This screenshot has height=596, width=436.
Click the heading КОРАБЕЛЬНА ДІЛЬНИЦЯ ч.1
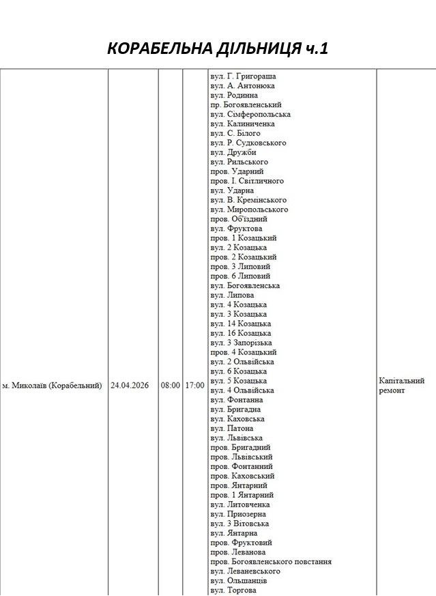point(218,48)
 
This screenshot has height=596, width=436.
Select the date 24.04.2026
point(132,386)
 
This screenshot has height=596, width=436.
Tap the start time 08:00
point(171,386)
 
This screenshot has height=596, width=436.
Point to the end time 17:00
point(194,386)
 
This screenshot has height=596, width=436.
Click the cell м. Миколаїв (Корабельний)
point(53,386)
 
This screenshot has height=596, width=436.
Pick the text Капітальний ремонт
point(401,385)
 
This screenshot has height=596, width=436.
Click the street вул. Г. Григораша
point(243,77)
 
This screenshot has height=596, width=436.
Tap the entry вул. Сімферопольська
point(250,115)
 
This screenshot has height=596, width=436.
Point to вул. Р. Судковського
point(248,143)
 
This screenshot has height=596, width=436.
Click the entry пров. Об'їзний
point(239,219)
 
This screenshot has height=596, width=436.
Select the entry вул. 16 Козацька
point(241,333)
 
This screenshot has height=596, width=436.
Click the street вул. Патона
point(232,428)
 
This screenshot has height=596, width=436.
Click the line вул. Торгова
point(233,590)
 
